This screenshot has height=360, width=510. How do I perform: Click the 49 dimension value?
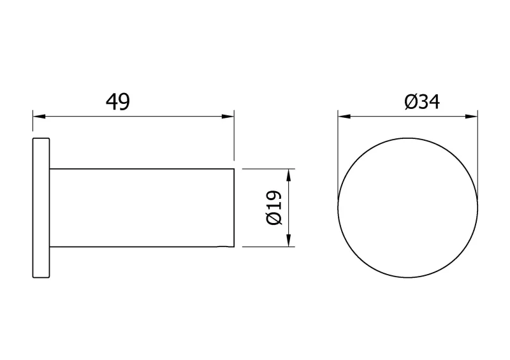(118, 102)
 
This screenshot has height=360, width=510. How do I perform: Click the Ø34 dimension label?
(422, 102)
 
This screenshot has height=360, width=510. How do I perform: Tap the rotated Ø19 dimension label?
(273, 208)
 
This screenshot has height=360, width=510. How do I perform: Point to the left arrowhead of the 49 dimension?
(39, 116)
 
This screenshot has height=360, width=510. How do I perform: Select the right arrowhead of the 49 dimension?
(228, 116)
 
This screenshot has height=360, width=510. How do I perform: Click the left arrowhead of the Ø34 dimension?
(344, 116)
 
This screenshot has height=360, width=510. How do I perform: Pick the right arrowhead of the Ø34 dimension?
(472, 116)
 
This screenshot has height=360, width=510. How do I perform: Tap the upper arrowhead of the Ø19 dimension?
(289, 175)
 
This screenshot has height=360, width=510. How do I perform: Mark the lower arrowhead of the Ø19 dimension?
(289, 240)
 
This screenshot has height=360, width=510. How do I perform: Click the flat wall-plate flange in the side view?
(41, 208)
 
